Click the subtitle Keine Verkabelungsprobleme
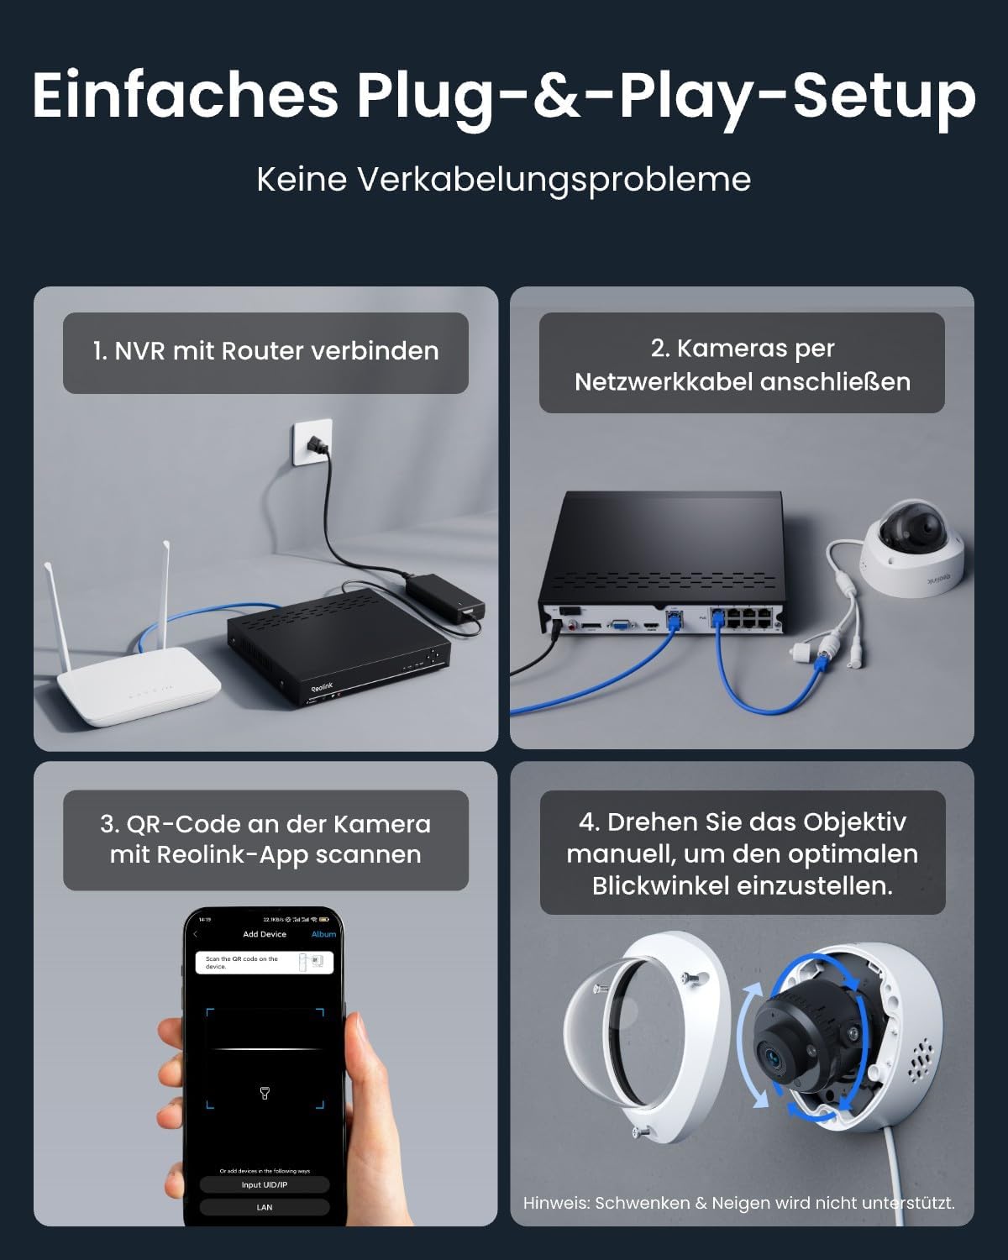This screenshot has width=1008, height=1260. [x=503, y=179]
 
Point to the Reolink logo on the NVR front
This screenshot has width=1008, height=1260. [x=323, y=687]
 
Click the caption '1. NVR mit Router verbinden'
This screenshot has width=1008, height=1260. [x=265, y=351]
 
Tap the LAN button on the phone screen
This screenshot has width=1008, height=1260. [x=265, y=1207]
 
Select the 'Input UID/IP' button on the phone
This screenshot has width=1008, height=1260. [x=265, y=1184]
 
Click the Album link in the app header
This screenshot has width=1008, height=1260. [x=323, y=934]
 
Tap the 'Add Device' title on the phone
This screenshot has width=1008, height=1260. [x=265, y=934]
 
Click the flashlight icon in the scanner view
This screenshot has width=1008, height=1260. [x=265, y=1093]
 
